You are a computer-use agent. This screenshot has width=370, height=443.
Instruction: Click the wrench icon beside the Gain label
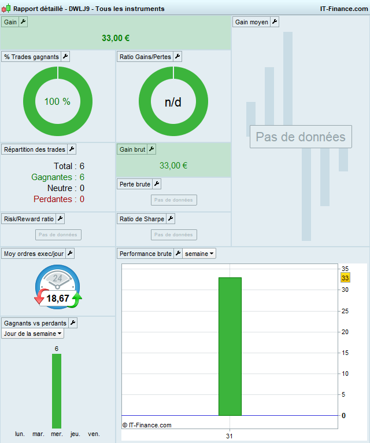point(23,21)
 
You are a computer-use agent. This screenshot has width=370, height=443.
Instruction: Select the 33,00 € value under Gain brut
point(173,166)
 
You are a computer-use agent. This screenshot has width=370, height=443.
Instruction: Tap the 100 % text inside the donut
point(57,101)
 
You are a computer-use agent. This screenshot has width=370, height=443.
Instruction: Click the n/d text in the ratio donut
point(173,102)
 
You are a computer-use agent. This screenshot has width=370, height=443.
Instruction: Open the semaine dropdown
point(200,254)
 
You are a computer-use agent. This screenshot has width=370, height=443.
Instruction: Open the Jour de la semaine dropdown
point(32,334)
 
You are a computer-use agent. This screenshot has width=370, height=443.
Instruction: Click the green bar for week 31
point(230,346)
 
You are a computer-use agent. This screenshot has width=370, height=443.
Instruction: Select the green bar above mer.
point(57,391)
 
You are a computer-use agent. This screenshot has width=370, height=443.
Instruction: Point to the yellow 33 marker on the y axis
point(345,278)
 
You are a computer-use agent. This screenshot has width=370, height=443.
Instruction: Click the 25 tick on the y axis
point(344,311)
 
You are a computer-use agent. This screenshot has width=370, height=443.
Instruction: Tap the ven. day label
point(94,434)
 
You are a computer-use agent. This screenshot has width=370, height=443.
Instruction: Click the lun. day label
point(20,434)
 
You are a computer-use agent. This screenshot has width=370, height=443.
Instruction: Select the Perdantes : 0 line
point(59,199)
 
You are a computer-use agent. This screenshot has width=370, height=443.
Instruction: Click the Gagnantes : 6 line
point(58,177)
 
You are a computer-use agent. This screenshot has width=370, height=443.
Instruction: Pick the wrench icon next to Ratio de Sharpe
point(171,219)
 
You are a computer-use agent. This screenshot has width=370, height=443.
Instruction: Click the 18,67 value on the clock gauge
point(58,298)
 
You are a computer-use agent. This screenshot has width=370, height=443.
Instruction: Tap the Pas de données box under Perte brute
point(173,200)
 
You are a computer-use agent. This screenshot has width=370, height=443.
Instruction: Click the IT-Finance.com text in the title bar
point(344,9)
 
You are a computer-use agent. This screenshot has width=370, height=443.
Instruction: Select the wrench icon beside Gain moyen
point(275,21)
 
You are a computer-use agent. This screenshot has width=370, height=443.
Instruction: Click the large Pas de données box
point(301,137)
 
